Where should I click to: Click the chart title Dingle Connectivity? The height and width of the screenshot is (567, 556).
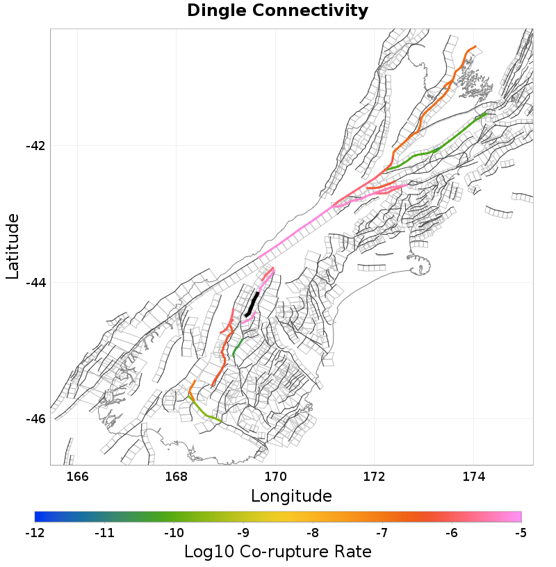278,11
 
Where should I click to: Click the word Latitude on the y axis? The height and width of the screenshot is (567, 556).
13,247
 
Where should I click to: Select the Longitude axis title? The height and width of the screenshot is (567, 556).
291,496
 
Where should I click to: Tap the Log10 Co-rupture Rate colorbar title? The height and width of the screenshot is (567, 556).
278,552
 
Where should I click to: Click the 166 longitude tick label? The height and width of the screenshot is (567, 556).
78,477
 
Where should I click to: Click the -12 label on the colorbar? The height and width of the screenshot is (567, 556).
35,534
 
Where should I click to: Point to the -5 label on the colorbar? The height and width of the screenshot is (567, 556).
521,534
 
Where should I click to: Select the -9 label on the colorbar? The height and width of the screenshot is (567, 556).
243,534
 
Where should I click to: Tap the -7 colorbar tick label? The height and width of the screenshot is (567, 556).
382,534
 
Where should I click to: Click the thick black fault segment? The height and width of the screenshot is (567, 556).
252,304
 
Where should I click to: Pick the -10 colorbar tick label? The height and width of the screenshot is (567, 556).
174,534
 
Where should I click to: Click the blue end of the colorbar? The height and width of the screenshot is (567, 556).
38,517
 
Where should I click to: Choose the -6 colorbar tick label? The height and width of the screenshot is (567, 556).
451,534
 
